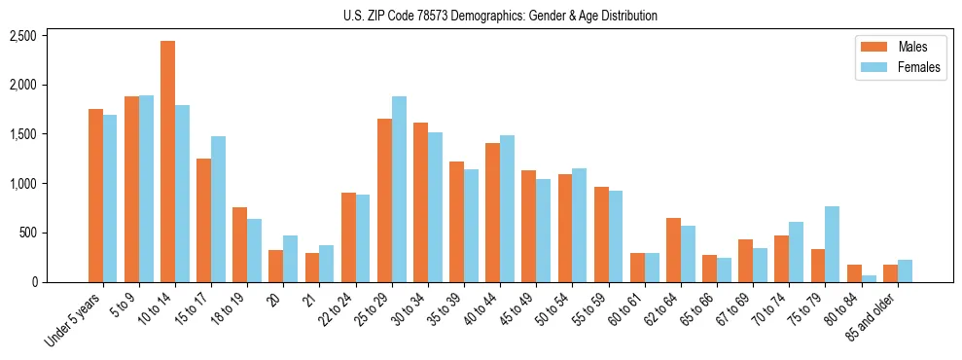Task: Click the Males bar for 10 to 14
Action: point(167,162)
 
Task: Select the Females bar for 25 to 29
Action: point(399,190)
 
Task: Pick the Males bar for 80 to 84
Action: point(854,273)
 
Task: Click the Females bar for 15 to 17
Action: point(218,209)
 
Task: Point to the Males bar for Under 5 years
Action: point(95,196)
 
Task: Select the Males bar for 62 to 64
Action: point(673,250)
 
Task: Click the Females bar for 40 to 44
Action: point(507,209)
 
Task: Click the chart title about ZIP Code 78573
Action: point(500,16)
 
